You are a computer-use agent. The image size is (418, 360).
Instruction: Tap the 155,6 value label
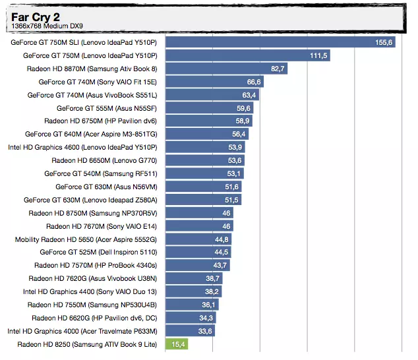[384, 42]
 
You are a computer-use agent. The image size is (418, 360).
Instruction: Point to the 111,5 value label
[319, 55]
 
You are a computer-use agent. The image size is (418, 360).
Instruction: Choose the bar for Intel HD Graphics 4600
[205, 147]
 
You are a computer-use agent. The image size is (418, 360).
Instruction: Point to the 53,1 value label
[234, 173]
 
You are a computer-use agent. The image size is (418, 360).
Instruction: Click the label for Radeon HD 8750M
[93, 213]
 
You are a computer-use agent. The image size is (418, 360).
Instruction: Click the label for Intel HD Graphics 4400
[90, 291]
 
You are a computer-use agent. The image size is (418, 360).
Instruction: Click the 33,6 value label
[204, 331]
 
